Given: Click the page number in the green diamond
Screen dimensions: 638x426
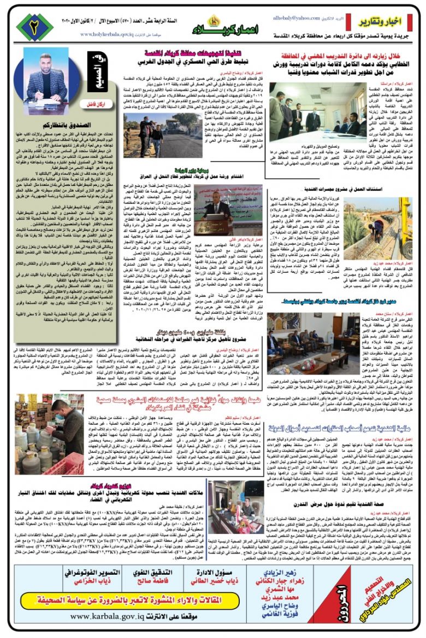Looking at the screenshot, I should coord(34,27).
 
